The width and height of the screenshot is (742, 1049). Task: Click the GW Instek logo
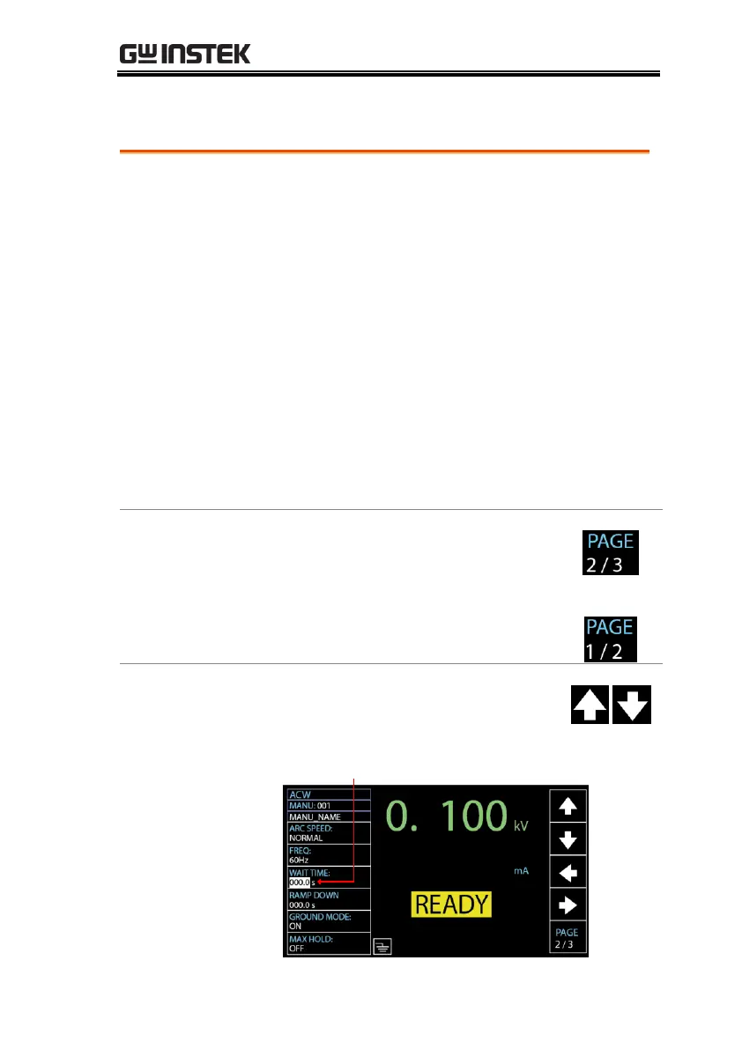coord(185,54)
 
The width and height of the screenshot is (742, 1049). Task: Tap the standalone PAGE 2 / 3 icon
coord(610,553)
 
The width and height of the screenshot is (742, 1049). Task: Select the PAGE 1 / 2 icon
coord(610,638)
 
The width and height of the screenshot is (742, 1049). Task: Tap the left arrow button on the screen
coord(568,873)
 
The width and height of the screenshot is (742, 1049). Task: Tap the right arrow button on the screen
coord(568,905)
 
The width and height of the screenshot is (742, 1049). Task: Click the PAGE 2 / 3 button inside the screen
coord(568,938)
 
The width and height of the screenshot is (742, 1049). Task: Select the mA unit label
coord(521,870)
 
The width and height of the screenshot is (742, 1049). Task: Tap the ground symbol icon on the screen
coord(382,947)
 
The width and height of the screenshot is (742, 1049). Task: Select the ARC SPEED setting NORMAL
coord(307,838)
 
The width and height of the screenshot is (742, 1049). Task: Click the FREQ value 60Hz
coord(300,860)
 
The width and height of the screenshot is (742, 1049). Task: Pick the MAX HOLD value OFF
coord(297,949)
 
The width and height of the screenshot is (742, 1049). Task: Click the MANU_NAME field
coord(315,816)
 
